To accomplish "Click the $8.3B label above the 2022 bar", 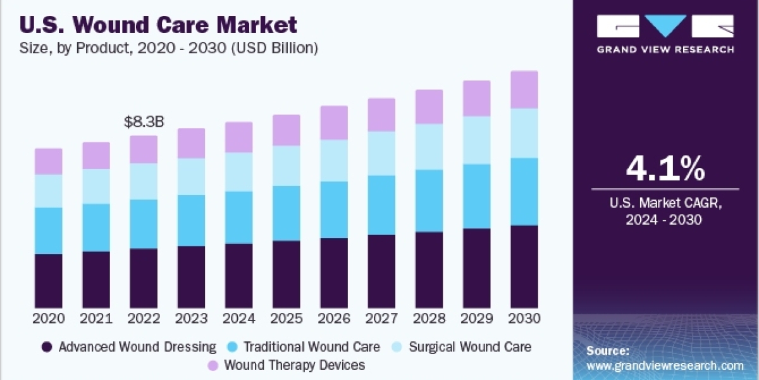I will (x=144, y=122).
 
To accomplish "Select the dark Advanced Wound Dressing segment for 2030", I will (x=524, y=266).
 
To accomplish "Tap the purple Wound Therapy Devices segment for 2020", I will (x=49, y=161).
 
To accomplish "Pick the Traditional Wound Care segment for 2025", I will (x=287, y=213).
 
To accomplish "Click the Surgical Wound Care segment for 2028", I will (x=429, y=146).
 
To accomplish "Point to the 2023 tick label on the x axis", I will (x=191, y=318).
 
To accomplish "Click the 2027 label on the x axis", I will (x=381, y=318).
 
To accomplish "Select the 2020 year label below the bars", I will (x=49, y=318).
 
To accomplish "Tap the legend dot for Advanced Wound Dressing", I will (x=46, y=347).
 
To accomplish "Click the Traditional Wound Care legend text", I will (x=312, y=347).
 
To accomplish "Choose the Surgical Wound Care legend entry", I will (x=470, y=347).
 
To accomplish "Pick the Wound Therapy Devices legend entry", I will (x=294, y=365).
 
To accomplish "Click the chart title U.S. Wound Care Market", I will (x=158, y=25).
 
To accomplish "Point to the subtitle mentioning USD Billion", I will (x=169, y=47).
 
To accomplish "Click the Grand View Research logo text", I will (x=665, y=49).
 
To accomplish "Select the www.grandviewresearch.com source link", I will (x=665, y=365).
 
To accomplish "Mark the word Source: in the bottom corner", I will (x=607, y=350).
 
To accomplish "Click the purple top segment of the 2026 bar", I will (x=334, y=123).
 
